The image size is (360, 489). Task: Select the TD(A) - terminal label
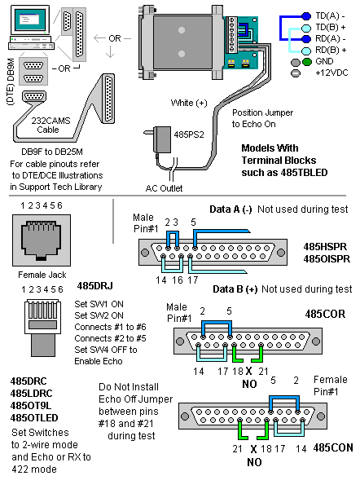tap(331, 14)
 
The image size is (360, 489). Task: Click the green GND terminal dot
tap(306, 61)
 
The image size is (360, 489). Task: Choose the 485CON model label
tap(331, 447)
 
